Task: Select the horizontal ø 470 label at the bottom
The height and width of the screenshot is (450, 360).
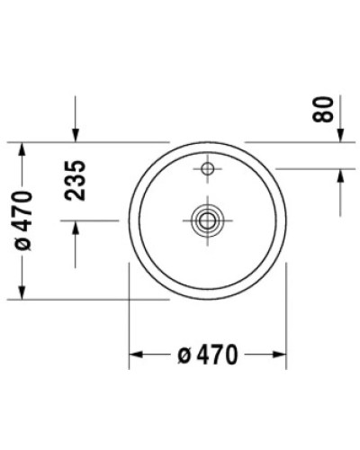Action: [x=208, y=355]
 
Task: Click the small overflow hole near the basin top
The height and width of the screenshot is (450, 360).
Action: [x=208, y=168]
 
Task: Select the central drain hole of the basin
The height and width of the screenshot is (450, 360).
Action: [x=208, y=219]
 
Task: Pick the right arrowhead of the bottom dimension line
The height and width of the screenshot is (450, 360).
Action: [x=281, y=355]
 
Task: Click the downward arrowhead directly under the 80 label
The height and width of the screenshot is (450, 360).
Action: [x=341, y=135]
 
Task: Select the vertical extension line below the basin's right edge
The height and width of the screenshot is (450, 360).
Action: [x=287, y=315]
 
